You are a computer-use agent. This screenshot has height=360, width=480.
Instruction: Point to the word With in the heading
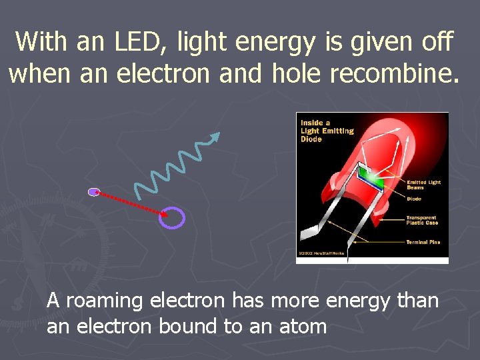pyautogui.click(x=42, y=41)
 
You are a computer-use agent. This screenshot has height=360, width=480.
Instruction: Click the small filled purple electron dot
pyautogui.click(x=93, y=192)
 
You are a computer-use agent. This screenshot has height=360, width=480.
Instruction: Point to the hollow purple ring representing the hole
pyautogui.click(x=172, y=217)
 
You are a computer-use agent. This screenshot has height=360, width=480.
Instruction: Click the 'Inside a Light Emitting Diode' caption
pyautogui.click(x=327, y=131)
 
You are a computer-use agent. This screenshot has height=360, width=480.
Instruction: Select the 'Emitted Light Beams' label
pyautogui.click(x=423, y=185)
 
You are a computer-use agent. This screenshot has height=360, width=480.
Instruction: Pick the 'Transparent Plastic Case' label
pyautogui.click(x=422, y=220)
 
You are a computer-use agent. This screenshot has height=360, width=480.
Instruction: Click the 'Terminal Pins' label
pyautogui.click(x=423, y=242)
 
